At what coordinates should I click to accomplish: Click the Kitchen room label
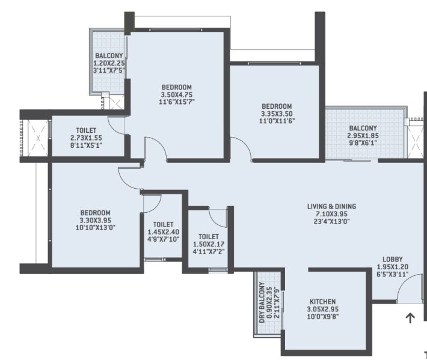coord(323,302)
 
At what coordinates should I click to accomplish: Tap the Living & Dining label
coord(331,206)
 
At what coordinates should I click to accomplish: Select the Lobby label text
coord(392,259)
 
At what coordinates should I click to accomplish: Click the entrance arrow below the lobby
coord(410,318)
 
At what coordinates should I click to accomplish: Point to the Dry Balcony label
coord(262,302)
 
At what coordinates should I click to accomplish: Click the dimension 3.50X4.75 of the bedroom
coord(176,95)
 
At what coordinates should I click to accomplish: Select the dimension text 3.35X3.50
coord(277,114)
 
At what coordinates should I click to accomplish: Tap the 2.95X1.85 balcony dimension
coord(363,135)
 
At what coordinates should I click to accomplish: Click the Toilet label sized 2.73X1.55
coord(86,130)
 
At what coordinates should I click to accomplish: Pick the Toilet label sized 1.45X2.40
coord(163,225)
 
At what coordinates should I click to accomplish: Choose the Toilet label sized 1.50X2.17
coord(209,237)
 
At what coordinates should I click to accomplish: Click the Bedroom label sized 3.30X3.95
coord(95,213)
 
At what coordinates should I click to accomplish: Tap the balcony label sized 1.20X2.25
coord(109,56)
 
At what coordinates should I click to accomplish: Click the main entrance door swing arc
coord(402,282)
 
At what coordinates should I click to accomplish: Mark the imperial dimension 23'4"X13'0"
coord(331,221)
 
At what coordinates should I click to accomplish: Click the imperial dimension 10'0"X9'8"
coord(323,317)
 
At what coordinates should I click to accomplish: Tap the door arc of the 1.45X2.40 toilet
coord(157,206)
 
